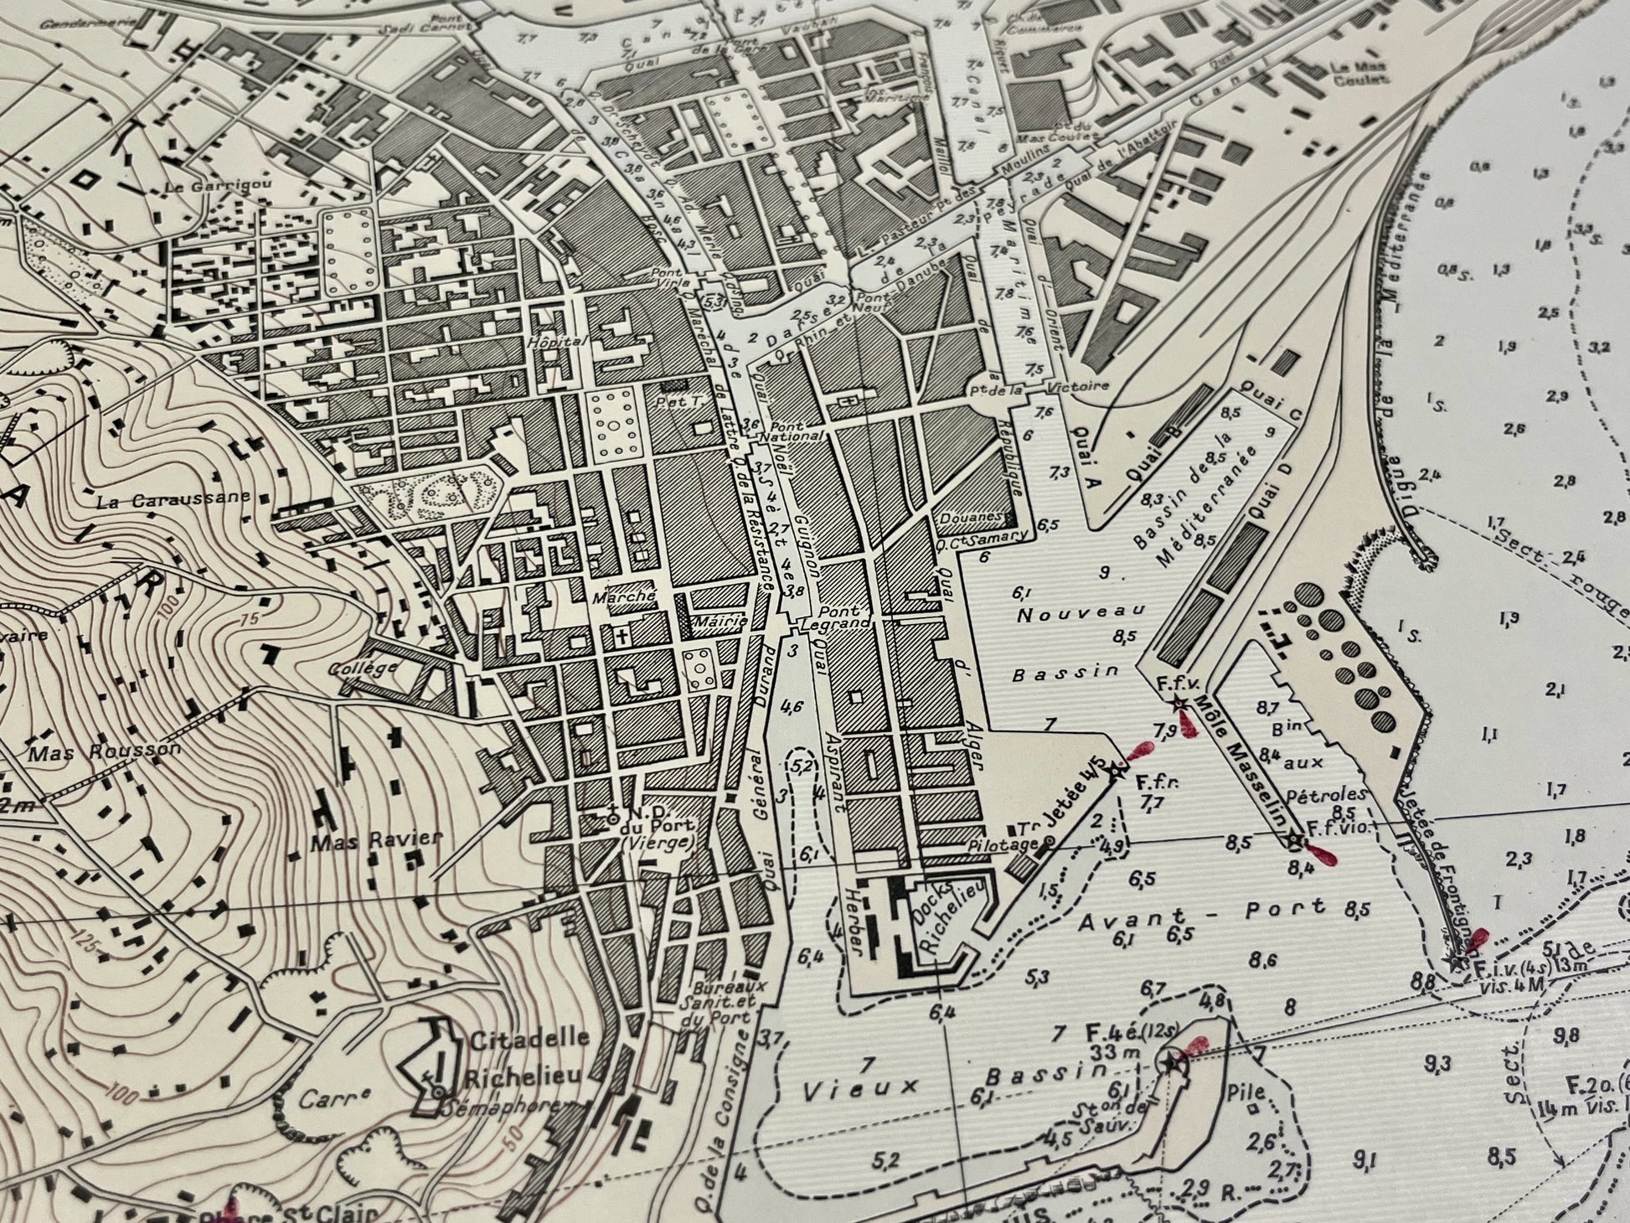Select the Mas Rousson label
[105, 751]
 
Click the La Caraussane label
[173, 501]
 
